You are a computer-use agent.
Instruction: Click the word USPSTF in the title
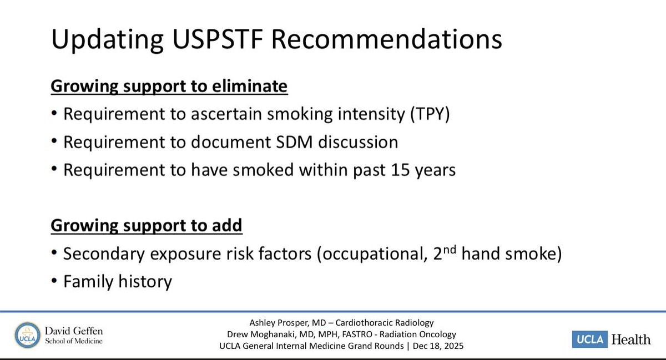[218, 39]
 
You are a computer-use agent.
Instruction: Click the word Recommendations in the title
[386, 39]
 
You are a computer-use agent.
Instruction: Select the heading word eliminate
[249, 86]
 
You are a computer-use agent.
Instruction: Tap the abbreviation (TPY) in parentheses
[430, 114]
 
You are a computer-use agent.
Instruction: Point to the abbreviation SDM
[294, 142]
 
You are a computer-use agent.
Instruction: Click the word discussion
[359, 142]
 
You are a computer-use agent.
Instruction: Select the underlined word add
[227, 225]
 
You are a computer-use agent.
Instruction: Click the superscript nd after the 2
[449, 249]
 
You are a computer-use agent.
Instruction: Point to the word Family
[88, 282]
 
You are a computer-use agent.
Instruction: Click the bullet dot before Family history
[54, 281]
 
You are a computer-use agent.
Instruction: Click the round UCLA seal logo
[27, 335]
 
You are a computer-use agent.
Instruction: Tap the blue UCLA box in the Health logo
[590, 339]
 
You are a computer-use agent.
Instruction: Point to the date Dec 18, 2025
[438, 346]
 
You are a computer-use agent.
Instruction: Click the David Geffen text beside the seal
[74, 331]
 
